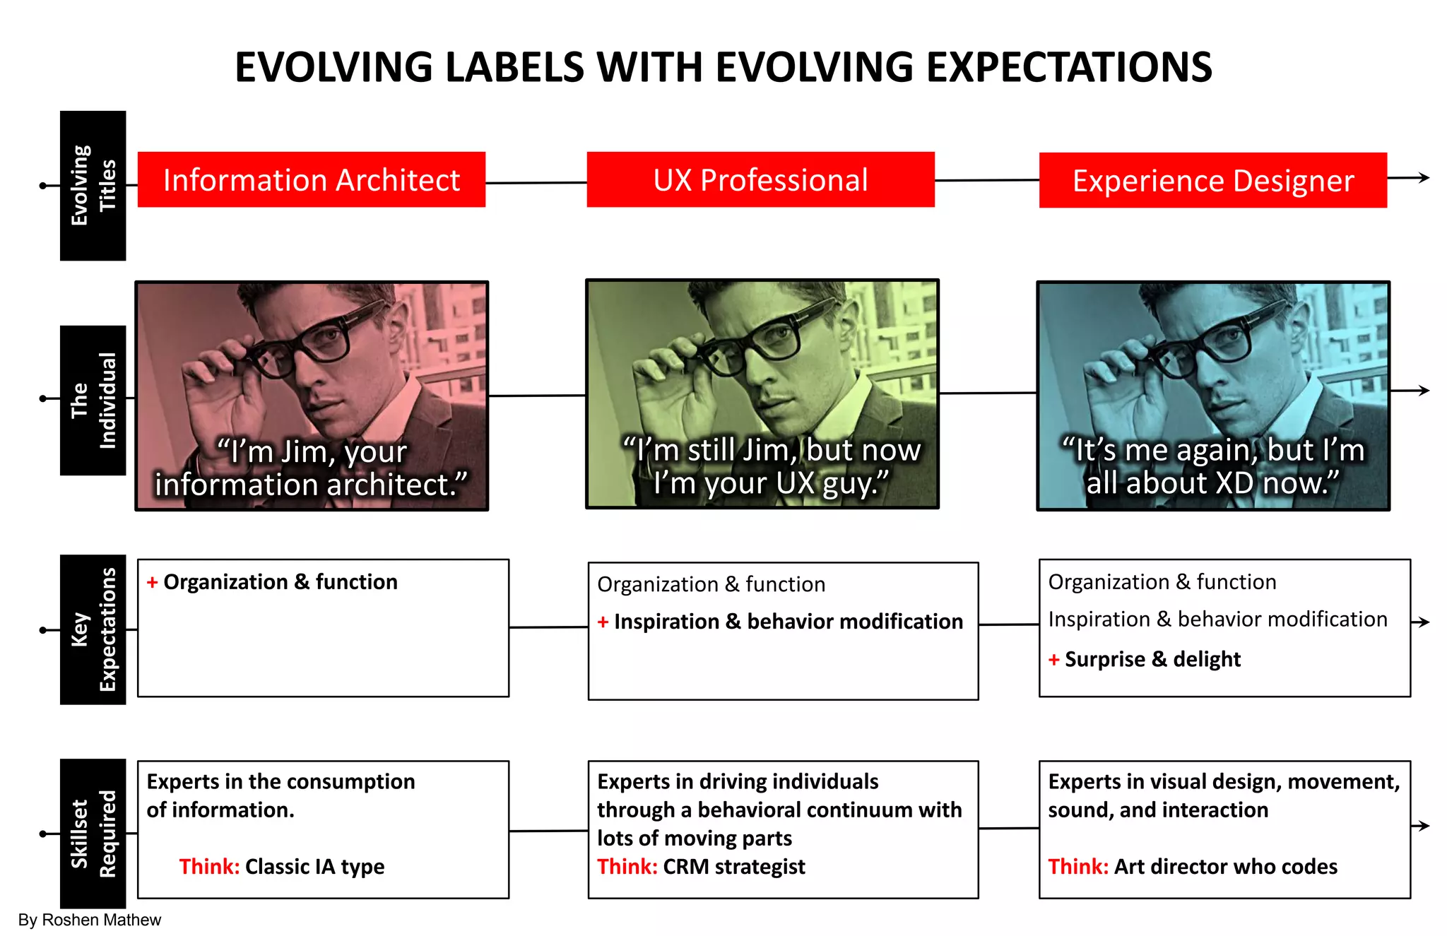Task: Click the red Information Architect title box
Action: [x=311, y=179]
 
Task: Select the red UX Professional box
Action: [x=760, y=179]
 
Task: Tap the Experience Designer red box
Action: [x=1212, y=180]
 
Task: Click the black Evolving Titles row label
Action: [x=93, y=185]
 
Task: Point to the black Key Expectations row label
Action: [x=93, y=629]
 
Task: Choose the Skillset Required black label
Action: [x=93, y=834]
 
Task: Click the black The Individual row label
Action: [x=93, y=400]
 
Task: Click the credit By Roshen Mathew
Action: [x=90, y=920]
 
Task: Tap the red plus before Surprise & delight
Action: [x=1053, y=660]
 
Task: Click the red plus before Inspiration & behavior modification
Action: [x=603, y=622]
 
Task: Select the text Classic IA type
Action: [x=314, y=867]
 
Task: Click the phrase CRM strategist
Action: [x=734, y=867]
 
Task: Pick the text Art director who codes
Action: [x=1226, y=867]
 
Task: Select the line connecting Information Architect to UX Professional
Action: [x=536, y=183]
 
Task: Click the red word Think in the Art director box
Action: [x=1077, y=867]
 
